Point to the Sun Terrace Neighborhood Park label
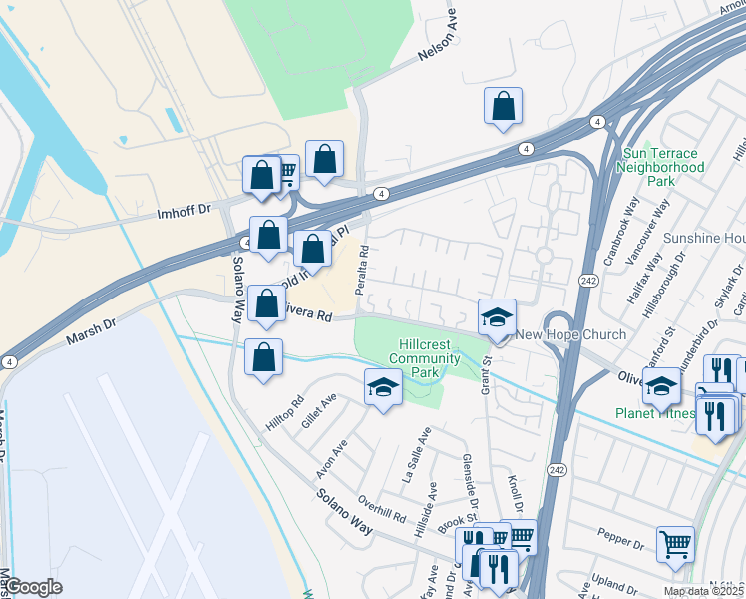point(660,168)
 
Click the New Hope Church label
point(570,335)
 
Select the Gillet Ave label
point(321,410)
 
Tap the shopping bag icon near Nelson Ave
point(504,106)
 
